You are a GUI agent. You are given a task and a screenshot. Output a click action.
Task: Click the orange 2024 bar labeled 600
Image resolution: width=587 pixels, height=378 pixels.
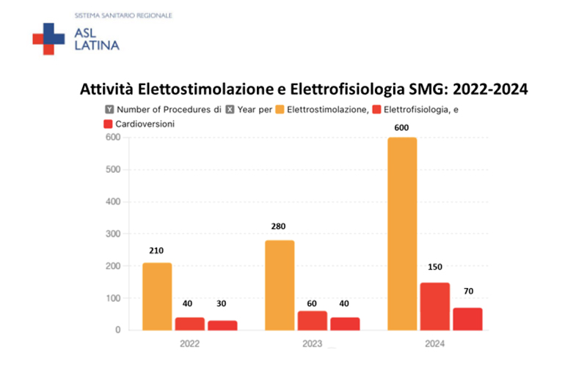point(402,234)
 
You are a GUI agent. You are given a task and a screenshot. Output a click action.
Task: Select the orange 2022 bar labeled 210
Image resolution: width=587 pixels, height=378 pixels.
point(157,297)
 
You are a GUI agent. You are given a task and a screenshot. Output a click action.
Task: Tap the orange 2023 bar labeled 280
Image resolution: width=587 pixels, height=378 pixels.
point(280,285)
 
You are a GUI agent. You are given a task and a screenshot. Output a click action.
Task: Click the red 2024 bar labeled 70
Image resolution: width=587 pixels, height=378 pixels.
point(467,319)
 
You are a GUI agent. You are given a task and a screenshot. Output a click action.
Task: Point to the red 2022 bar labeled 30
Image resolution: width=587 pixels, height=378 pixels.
point(222,325)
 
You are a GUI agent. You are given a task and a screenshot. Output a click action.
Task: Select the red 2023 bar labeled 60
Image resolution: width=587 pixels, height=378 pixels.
point(312,320)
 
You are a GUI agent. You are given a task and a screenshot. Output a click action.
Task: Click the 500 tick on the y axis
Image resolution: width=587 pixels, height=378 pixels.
point(112,170)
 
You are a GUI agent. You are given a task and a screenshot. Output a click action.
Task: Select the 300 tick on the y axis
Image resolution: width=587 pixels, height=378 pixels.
point(112,234)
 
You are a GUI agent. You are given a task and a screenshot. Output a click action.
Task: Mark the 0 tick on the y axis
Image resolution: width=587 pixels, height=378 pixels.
point(117,330)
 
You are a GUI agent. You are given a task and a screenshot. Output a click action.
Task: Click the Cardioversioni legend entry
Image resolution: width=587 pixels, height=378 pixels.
point(147,125)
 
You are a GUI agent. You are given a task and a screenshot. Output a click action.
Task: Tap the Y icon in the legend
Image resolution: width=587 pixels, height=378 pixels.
point(109,110)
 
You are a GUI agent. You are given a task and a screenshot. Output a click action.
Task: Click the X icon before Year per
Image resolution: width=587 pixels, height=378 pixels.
point(230,110)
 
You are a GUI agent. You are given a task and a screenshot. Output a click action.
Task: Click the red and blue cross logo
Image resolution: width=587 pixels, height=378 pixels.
point(48,39)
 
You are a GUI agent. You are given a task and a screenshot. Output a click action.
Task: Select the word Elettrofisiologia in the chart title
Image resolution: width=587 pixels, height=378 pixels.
point(346,89)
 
